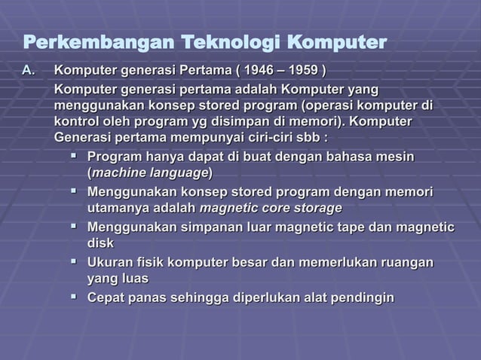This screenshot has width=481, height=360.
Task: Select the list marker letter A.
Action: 28,72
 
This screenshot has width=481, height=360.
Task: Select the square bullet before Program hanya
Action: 73,157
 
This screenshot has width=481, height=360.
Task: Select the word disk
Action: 101,243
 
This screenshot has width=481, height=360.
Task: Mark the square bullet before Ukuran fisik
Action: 73,261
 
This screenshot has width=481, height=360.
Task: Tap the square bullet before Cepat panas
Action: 73,297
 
